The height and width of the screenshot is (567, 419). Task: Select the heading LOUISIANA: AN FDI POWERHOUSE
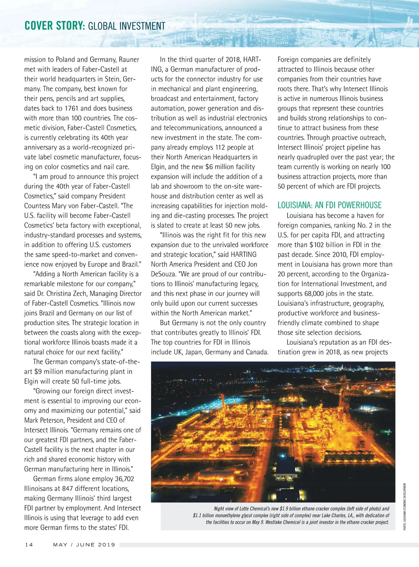coord(329,205)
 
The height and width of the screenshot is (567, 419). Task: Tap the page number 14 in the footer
coord(29,545)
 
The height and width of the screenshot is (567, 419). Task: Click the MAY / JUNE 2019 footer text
coord(84,545)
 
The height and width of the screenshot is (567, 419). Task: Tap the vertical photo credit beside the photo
coord(405,507)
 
